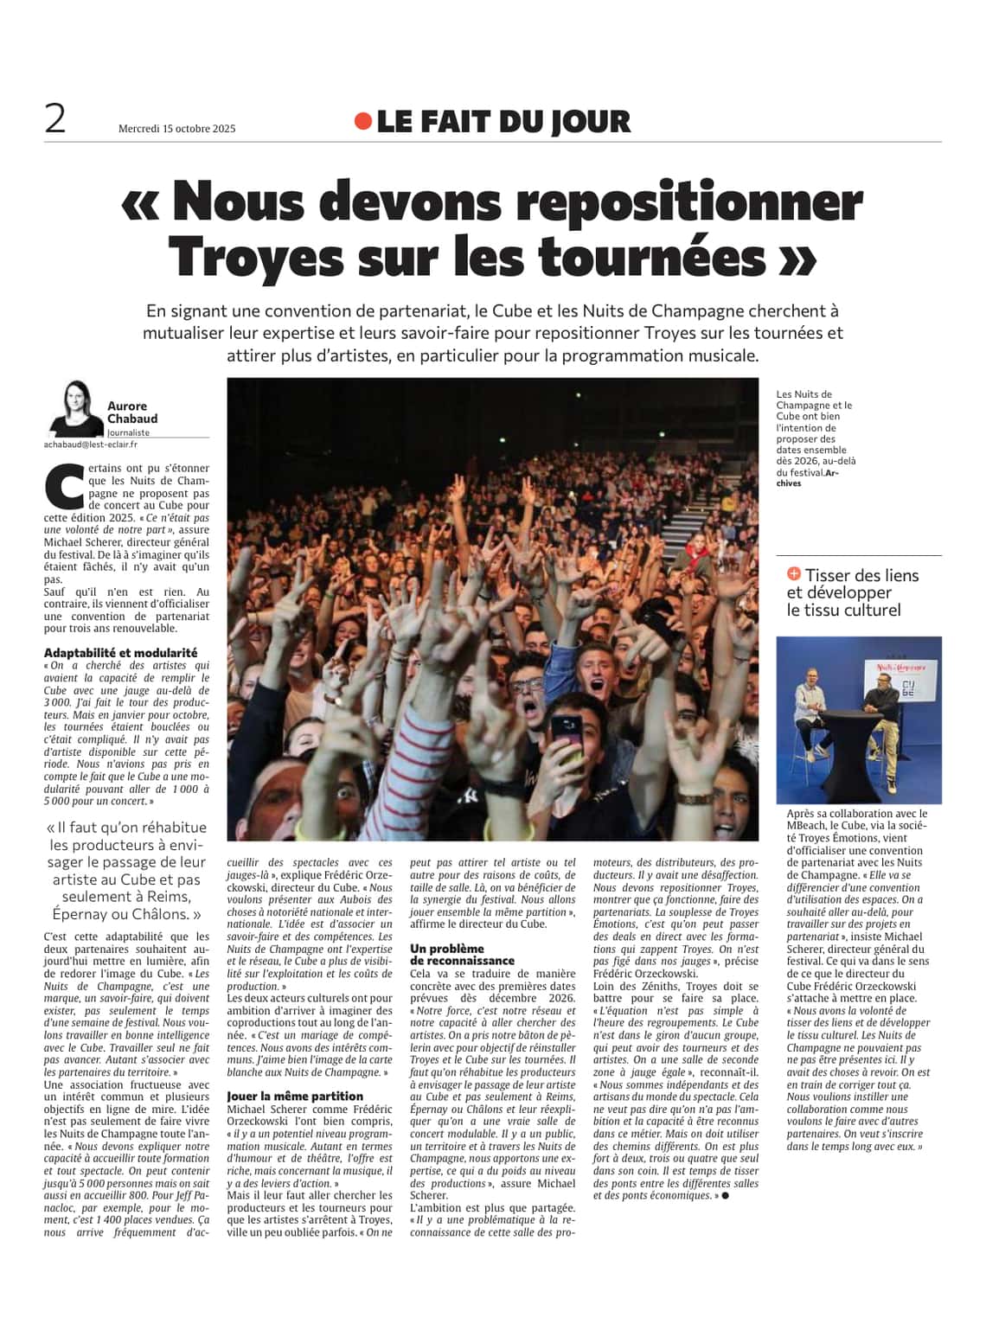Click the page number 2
coord(55,119)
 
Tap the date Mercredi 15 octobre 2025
coord(176,129)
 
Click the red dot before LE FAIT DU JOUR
coord(363,122)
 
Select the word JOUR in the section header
coord(588,122)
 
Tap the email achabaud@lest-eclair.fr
coord(91,444)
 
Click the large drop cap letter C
coord(64,487)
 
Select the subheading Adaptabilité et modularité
coord(120,653)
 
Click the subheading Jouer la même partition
coord(295,1096)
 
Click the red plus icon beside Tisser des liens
coord(794,574)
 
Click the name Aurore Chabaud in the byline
coord(132,412)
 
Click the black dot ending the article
coord(725,1195)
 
